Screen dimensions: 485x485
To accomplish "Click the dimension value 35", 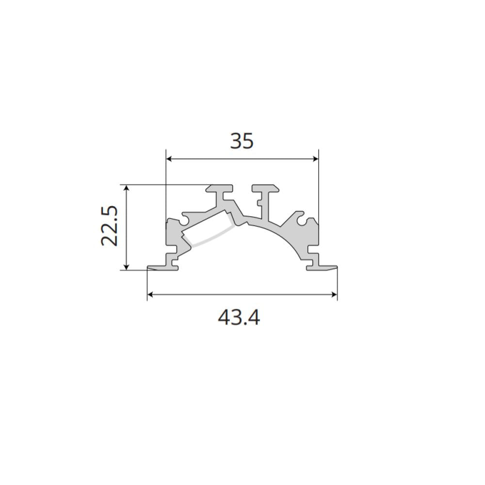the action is (x=242, y=141).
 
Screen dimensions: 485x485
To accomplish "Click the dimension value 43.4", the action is (x=239, y=317).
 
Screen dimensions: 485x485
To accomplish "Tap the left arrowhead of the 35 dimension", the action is (x=169, y=159).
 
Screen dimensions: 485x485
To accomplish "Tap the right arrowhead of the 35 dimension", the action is (x=316, y=159).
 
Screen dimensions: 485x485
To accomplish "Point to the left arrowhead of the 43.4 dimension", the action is (x=150, y=295).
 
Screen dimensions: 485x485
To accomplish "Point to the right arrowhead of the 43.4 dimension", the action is (x=334, y=295).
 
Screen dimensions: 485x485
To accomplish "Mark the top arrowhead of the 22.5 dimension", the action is (x=126, y=188).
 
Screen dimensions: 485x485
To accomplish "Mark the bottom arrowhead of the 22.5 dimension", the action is (x=126, y=267).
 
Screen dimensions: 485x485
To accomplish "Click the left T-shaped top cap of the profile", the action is (x=220, y=188).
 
